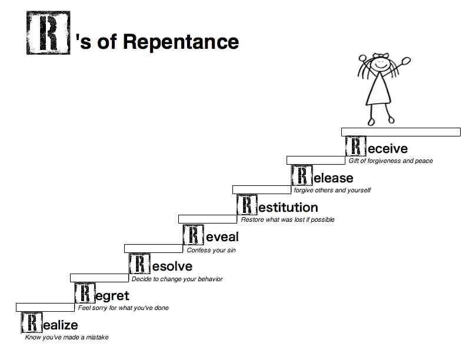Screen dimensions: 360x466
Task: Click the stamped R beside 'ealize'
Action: click(31, 324)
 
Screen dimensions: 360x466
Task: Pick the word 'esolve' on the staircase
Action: click(172, 266)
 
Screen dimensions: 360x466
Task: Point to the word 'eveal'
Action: click(222, 237)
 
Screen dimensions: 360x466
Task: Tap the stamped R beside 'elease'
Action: click(301, 176)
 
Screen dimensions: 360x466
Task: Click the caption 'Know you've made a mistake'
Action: click(66, 337)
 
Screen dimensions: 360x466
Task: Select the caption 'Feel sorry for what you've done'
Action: click(123, 308)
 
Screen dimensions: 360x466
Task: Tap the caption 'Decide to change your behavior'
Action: click(177, 279)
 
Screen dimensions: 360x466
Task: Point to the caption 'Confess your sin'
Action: click(211, 250)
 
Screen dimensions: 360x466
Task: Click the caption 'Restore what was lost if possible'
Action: click(288, 219)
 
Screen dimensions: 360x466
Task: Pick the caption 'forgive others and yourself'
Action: click(332, 190)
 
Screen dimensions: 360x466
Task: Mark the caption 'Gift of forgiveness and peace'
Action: click(391, 161)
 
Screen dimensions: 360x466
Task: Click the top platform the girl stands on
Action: click(401, 132)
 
